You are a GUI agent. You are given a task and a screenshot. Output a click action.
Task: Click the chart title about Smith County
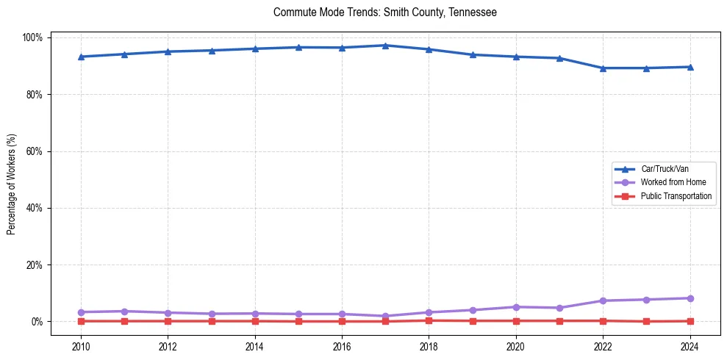click(384, 12)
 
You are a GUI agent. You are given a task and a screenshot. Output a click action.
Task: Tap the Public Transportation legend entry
click(676, 196)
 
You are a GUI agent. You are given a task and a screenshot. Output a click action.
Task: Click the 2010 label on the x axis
click(81, 346)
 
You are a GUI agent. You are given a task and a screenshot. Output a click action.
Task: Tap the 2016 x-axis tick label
click(342, 346)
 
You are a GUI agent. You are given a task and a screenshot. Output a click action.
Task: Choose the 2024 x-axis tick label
click(690, 346)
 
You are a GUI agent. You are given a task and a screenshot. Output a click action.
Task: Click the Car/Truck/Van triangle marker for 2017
click(385, 46)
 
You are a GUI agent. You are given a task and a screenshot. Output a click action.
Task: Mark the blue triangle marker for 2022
click(603, 68)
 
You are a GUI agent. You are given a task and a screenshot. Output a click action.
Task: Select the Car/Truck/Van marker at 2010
click(81, 57)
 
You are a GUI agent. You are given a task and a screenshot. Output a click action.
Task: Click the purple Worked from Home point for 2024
click(690, 298)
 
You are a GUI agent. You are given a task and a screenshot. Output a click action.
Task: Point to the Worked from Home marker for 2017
click(385, 316)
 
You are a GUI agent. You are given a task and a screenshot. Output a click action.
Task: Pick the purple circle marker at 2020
click(516, 307)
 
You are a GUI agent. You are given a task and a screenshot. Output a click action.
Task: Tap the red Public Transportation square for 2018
click(429, 320)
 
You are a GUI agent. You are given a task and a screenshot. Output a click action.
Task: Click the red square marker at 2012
click(168, 321)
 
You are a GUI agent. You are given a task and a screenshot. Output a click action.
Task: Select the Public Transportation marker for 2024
click(690, 321)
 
